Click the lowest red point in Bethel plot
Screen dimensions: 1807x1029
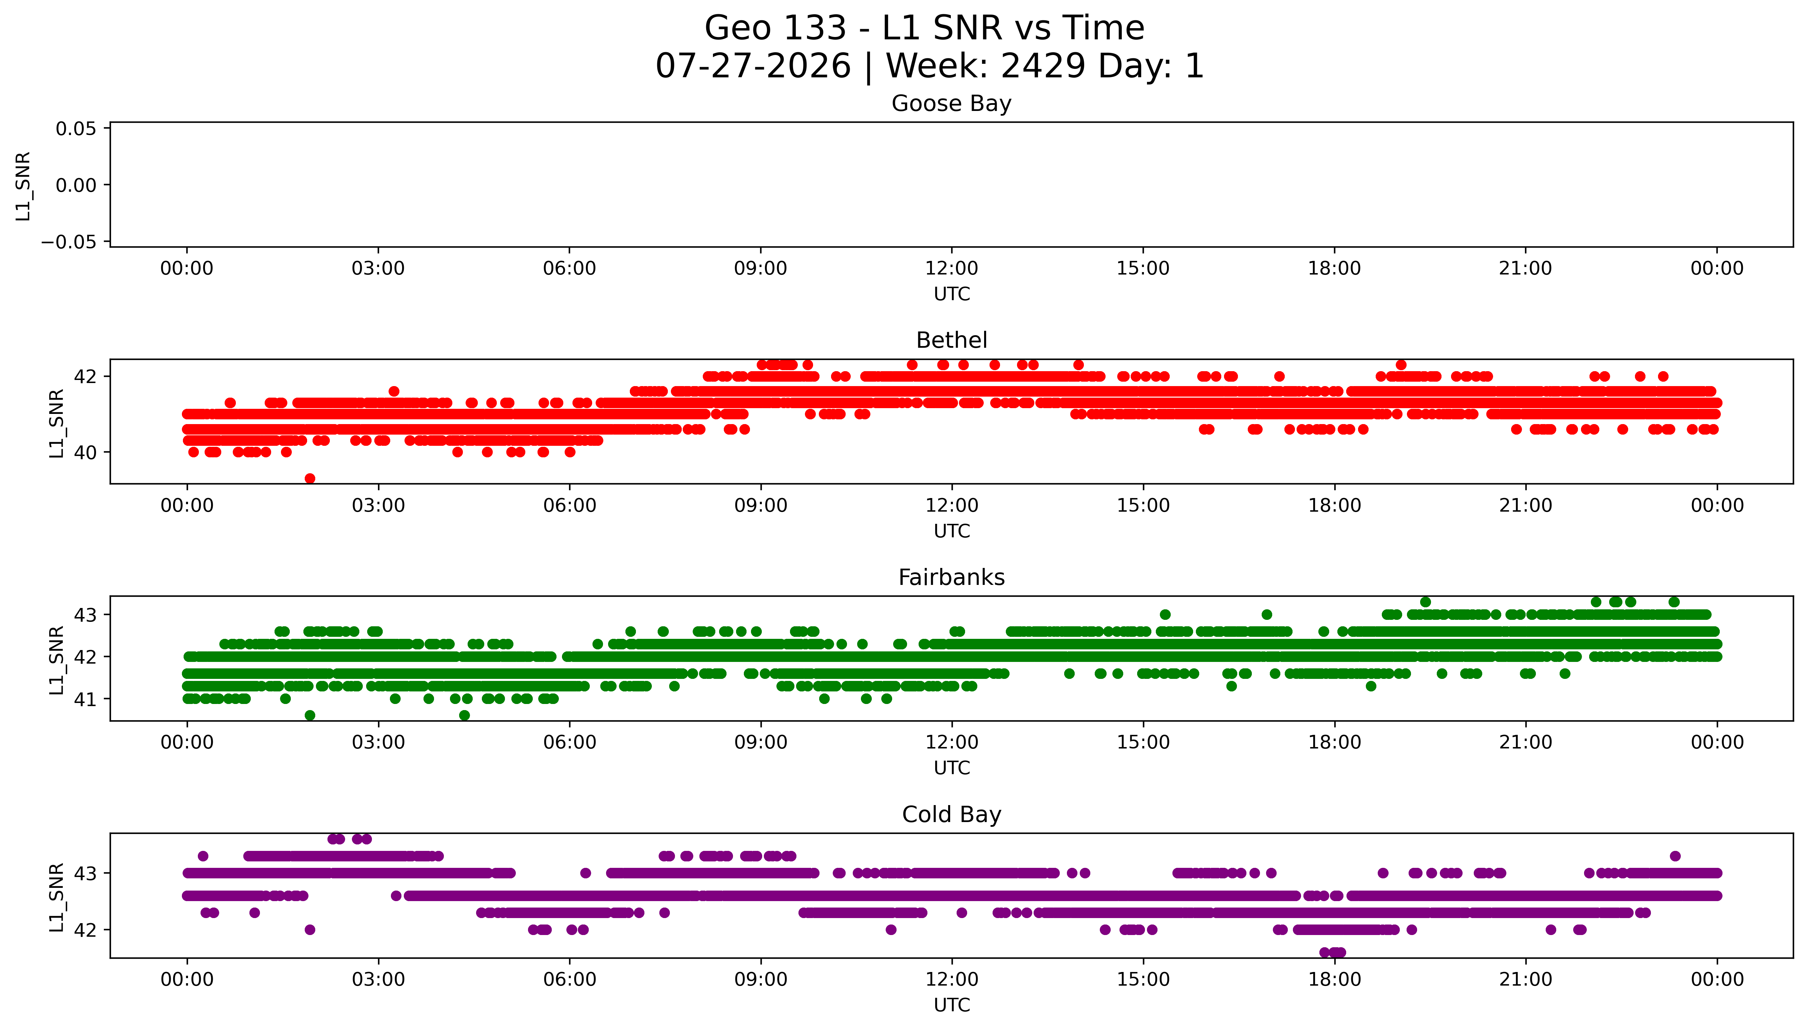click(309, 478)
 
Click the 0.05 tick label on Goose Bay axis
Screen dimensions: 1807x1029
click(76, 129)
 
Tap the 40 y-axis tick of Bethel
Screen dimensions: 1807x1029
click(86, 452)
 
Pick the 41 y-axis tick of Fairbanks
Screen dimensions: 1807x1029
click(86, 699)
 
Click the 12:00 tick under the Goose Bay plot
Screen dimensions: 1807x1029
click(951, 269)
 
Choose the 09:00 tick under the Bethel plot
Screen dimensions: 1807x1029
click(760, 505)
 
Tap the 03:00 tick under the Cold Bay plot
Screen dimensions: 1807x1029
click(378, 979)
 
